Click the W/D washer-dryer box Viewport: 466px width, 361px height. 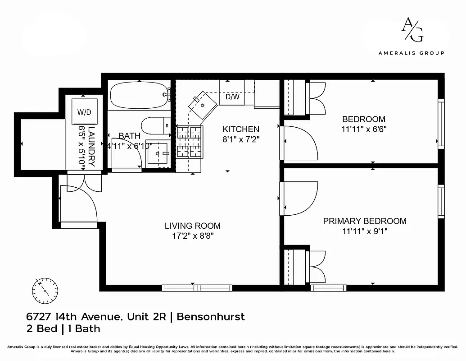[84, 111]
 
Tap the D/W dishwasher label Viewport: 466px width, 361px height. [232, 97]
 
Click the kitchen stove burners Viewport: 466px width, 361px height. [189, 142]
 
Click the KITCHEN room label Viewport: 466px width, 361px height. [241, 129]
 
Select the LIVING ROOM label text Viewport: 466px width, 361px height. [192, 226]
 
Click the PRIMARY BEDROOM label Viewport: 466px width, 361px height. [365, 221]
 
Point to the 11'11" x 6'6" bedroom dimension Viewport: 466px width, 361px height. [364, 129]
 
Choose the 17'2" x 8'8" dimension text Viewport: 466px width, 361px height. [192, 236]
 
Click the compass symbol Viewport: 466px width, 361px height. [45, 289]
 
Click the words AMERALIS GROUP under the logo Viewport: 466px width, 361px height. [411, 53]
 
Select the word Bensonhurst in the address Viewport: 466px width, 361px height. [211, 316]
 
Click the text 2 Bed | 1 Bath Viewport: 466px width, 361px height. [63, 329]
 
